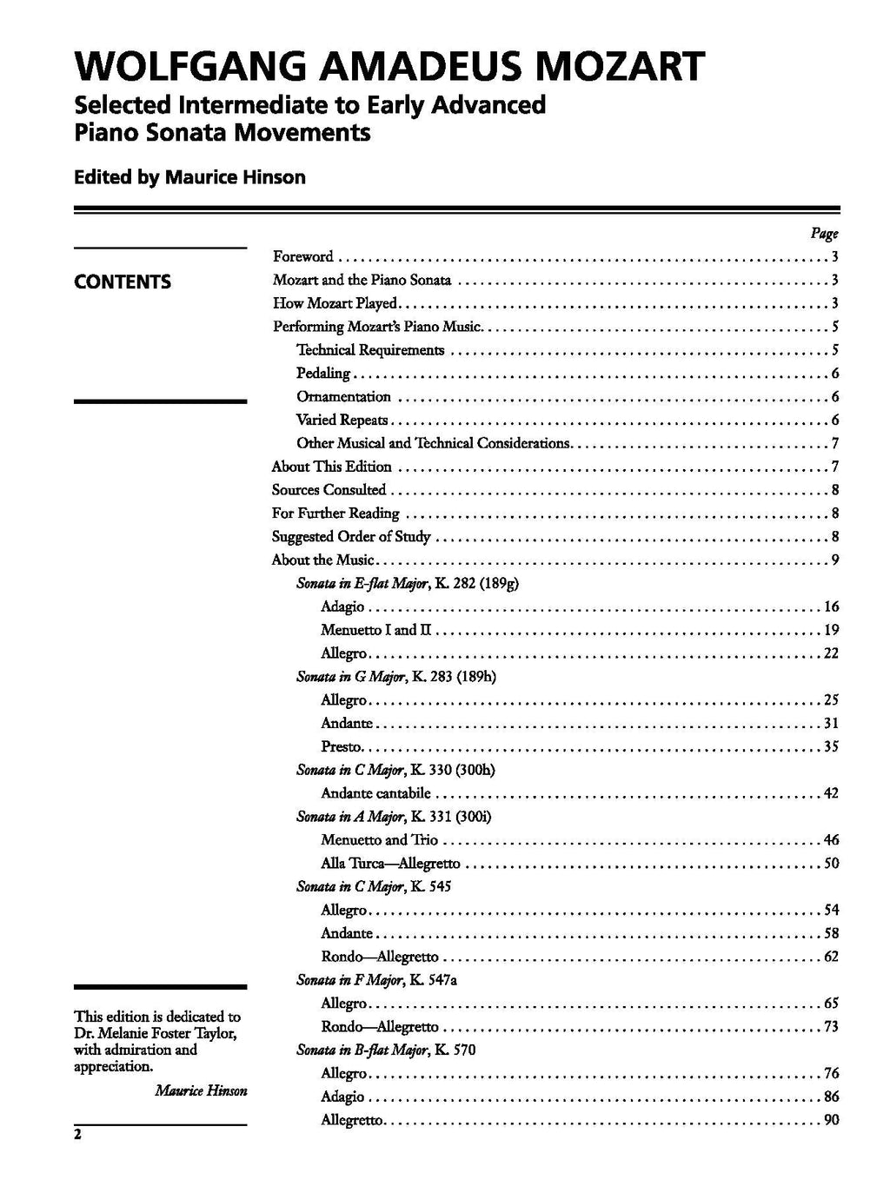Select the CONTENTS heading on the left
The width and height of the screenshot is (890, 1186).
tap(123, 282)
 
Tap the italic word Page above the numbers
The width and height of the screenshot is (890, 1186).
tap(824, 233)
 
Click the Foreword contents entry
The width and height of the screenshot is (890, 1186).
tap(303, 256)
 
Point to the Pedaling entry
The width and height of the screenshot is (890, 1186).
tap(323, 374)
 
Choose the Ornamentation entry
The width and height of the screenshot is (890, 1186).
tap(343, 397)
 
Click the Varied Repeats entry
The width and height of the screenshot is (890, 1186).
tap(342, 421)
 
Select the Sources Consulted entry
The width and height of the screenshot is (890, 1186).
tap(329, 490)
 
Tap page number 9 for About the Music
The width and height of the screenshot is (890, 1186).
tap(834, 560)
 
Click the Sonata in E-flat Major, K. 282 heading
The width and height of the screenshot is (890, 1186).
tap(408, 583)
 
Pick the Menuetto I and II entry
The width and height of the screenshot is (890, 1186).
tap(375, 630)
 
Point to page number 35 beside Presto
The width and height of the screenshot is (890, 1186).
tap(831, 746)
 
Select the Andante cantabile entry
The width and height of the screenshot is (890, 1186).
tap(375, 793)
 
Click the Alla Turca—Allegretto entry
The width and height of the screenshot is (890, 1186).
tap(390, 864)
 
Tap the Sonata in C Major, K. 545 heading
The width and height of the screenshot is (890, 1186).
tap(374, 887)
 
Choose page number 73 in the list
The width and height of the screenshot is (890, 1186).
tap(831, 1027)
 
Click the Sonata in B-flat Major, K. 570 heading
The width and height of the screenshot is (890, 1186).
tap(386, 1050)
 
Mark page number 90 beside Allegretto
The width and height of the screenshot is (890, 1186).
tap(831, 1120)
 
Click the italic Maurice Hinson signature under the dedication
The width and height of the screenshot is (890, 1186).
tap(201, 1090)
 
